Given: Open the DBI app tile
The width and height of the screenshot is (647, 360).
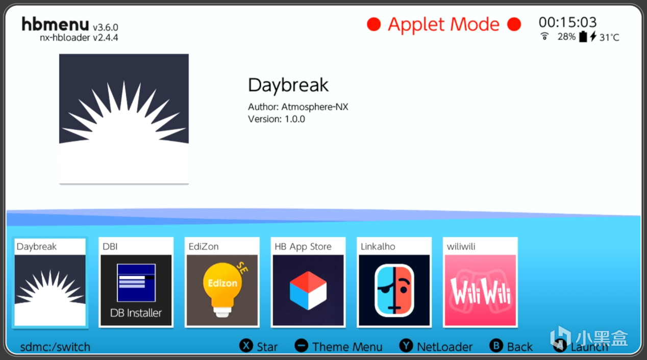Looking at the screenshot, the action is pyautogui.click(x=136, y=282).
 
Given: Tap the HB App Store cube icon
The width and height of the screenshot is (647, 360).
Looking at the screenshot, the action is pyautogui.click(x=308, y=290).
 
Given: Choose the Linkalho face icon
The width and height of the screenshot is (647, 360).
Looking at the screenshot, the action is pyautogui.click(x=394, y=290).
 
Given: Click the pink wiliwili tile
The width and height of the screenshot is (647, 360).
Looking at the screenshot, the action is pyautogui.click(x=480, y=282).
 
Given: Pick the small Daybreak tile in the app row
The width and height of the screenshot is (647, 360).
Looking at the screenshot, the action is pyautogui.click(x=50, y=282).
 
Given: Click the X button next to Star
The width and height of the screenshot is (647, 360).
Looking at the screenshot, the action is pyautogui.click(x=246, y=346).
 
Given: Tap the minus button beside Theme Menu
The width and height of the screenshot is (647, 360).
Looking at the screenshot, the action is pyautogui.click(x=301, y=346).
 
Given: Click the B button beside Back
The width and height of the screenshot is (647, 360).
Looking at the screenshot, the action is pyautogui.click(x=496, y=346).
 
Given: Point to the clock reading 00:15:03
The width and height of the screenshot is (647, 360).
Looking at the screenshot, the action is pyautogui.click(x=567, y=22).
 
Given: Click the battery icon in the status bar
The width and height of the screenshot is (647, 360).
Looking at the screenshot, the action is pyautogui.click(x=583, y=37).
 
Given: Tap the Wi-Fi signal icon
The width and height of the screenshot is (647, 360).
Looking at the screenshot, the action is pyautogui.click(x=544, y=36).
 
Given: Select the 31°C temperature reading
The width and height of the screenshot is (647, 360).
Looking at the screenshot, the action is pyautogui.click(x=609, y=37).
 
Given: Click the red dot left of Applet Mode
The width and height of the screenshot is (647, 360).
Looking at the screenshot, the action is pyautogui.click(x=374, y=24).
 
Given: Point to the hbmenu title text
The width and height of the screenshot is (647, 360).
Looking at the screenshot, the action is pyautogui.click(x=55, y=24).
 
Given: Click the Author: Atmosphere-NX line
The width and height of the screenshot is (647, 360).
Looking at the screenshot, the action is pyautogui.click(x=298, y=107).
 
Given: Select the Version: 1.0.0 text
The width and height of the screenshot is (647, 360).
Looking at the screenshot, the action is pyautogui.click(x=277, y=119).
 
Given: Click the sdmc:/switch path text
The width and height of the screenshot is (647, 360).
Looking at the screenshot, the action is pyautogui.click(x=55, y=347).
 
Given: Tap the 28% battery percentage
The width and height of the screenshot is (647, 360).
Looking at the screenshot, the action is pyautogui.click(x=566, y=37).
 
